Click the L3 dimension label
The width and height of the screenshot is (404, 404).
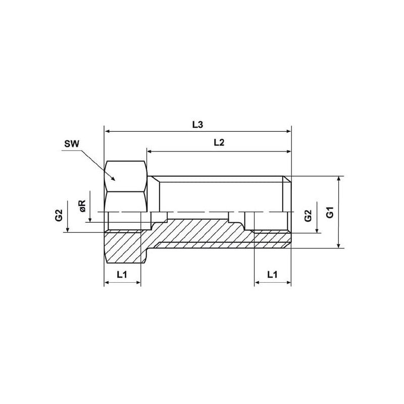(197, 125)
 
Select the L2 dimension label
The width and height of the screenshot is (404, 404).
(219, 142)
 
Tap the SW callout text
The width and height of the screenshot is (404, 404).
(72, 143)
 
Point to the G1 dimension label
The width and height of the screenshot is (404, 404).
(330, 212)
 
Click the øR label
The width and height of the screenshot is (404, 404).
(83, 206)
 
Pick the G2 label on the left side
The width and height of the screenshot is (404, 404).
(59, 215)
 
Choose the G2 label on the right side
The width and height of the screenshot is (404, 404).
(308, 216)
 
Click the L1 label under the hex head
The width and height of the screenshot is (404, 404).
(122, 274)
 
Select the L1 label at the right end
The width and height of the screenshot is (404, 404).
(272, 274)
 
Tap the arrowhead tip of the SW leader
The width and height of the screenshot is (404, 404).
(115, 180)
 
